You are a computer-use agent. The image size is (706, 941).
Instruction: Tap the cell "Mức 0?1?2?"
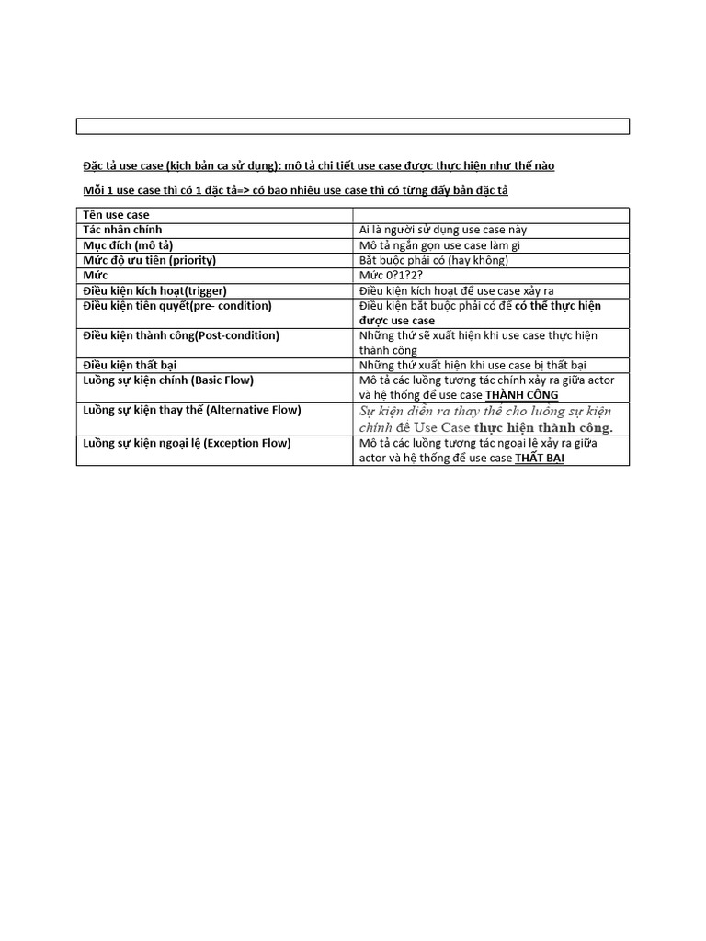pos(397,276)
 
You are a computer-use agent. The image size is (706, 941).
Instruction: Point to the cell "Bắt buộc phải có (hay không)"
pos(434,260)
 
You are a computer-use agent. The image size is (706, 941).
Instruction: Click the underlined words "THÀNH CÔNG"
pos(521,395)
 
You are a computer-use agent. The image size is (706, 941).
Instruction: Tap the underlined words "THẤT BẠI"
pos(539,458)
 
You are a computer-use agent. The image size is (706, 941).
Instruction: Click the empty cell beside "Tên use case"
pos(491,215)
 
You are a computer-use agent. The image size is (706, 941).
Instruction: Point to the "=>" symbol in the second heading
pos(243,190)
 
